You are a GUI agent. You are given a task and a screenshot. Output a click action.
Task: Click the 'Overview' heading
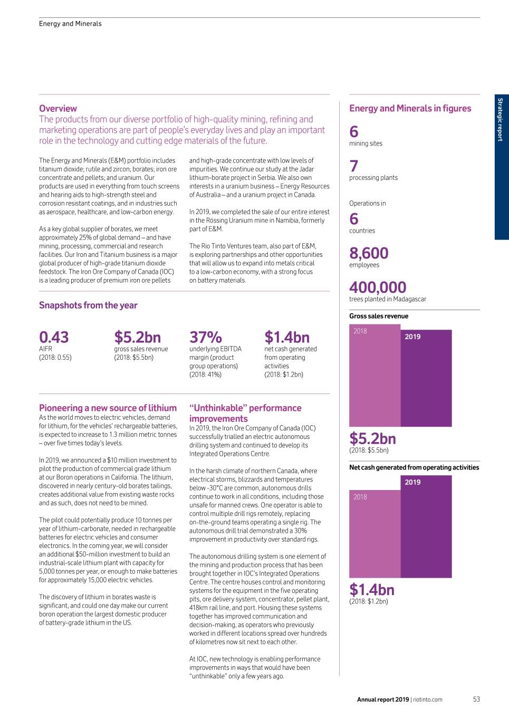pyautogui.click(x=58, y=108)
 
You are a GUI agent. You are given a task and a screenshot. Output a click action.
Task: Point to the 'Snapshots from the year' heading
pyautogui.click(x=88, y=305)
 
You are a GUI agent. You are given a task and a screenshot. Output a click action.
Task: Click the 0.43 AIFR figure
pyautogui.click(x=54, y=337)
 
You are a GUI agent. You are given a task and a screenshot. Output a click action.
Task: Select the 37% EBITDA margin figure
pyautogui.click(x=206, y=337)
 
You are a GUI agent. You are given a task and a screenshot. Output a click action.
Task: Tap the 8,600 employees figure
pyautogui.click(x=369, y=253)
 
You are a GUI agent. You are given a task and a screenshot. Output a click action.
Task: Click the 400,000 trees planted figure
pyautogui.click(x=378, y=287)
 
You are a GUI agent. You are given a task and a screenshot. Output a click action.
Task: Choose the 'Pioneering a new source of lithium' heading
pyautogui.click(x=108, y=408)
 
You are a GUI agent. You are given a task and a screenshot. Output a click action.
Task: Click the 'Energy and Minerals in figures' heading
pyautogui.click(x=410, y=108)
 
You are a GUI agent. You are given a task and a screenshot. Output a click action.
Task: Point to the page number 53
pyautogui.click(x=476, y=699)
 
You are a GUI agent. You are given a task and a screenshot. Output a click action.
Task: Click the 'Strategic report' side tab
pyautogui.click(x=501, y=120)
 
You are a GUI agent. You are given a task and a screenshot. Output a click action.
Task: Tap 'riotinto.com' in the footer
pyautogui.click(x=428, y=700)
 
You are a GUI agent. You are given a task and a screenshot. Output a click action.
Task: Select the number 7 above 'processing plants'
pyautogui.click(x=354, y=166)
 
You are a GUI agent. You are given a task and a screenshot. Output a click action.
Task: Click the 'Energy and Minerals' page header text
pyautogui.click(x=70, y=24)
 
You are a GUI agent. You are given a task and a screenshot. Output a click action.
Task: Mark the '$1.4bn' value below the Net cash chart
pyautogui.click(x=372, y=589)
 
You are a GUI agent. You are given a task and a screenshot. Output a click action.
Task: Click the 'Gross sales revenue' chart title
pyautogui.click(x=379, y=316)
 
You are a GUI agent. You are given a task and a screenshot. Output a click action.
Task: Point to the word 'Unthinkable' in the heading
pyautogui.click(x=217, y=408)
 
